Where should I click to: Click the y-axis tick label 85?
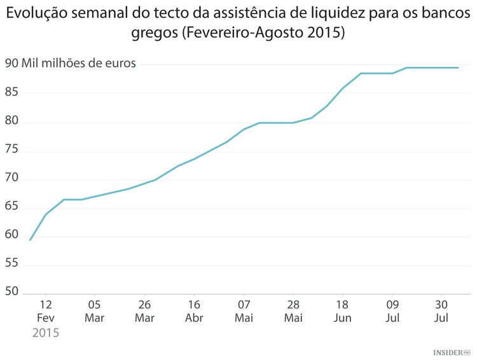click(x=12, y=93)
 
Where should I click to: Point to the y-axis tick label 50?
click(x=12, y=292)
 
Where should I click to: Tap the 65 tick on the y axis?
click(x=12, y=207)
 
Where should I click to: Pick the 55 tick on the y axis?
click(x=12, y=263)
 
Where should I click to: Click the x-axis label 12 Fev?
click(x=45, y=311)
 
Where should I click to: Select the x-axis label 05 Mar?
click(x=94, y=311)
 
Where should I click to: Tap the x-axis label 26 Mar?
click(x=144, y=311)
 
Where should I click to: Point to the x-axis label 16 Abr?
click(x=194, y=311)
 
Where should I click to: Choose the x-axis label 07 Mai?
click(x=244, y=311)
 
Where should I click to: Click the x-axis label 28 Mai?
click(x=293, y=311)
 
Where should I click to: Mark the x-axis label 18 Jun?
click(x=342, y=311)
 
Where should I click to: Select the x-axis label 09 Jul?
click(x=392, y=311)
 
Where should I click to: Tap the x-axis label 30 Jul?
click(x=441, y=311)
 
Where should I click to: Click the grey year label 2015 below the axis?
click(x=45, y=333)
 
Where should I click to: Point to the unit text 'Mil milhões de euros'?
click(x=79, y=63)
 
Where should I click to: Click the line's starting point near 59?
click(x=30, y=240)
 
